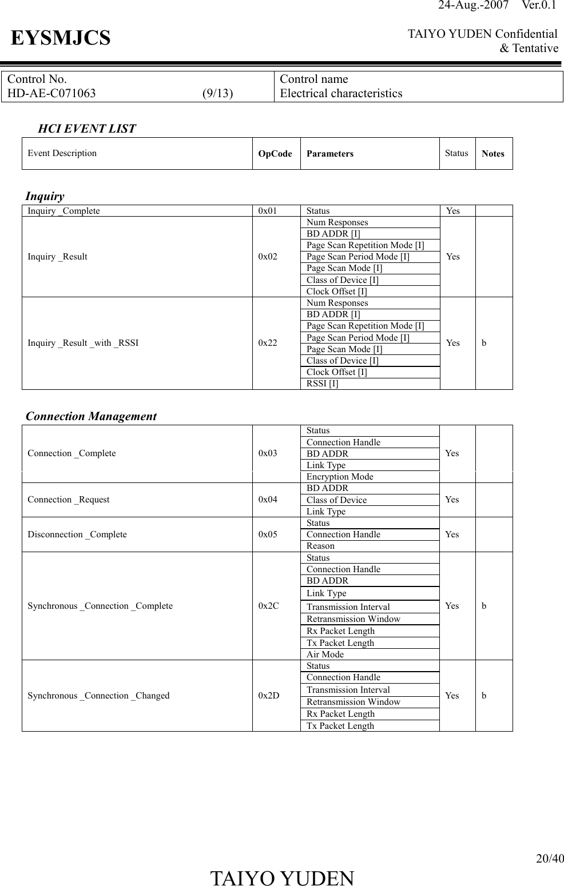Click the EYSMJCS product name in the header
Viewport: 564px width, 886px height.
61,38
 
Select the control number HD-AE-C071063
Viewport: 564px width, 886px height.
51,94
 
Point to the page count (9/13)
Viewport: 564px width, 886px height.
217,94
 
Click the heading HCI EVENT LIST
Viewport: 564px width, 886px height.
87,129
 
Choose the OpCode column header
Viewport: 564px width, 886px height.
275,154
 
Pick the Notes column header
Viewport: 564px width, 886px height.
493,154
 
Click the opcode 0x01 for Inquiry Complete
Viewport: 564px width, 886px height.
267,211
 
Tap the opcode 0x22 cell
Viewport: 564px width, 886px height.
268,343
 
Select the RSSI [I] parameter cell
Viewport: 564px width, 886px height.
322,384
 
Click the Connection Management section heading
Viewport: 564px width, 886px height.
92,416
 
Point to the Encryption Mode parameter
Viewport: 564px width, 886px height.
340,477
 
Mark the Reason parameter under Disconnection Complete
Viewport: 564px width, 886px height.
320,546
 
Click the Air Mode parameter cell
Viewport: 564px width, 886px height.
325,654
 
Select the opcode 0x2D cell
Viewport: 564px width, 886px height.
269,696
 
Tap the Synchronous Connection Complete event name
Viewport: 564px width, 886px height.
100,606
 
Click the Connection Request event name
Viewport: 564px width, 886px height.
69,500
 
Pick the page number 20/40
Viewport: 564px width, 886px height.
549,858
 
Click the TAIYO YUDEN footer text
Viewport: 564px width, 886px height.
282,878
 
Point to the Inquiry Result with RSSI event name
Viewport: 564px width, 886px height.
83,343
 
